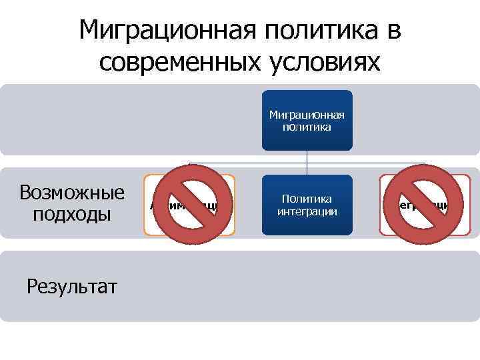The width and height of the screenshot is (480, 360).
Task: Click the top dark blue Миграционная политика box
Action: [307, 120]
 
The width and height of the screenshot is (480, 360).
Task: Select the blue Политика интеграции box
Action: [307, 205]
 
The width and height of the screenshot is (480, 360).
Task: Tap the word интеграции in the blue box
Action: [307, 211]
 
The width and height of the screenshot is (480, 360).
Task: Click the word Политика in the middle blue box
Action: [307, 199]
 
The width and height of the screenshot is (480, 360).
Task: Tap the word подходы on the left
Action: [72, 215]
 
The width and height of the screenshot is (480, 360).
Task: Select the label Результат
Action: [72, 286]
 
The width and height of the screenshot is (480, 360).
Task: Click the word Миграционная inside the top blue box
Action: [307, 115]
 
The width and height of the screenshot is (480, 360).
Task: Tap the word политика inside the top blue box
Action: [307, 126]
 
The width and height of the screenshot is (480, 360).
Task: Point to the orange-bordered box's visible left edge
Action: [145, 205]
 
